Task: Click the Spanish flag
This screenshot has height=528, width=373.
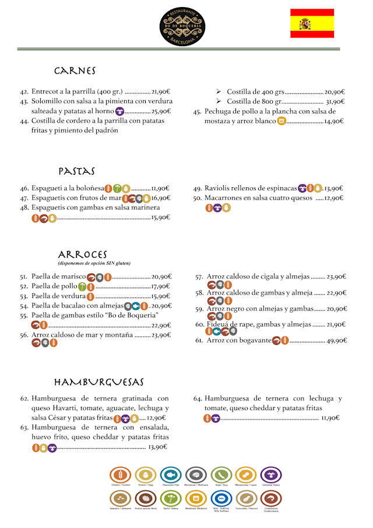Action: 312,23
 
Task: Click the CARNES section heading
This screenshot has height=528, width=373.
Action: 75,71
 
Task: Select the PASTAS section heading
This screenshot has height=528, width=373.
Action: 76,172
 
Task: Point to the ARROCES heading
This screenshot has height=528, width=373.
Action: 82,255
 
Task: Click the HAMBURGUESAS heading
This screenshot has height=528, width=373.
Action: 98,382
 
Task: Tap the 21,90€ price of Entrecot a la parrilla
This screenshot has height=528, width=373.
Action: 160,92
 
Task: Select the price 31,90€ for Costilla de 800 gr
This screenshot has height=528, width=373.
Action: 335,102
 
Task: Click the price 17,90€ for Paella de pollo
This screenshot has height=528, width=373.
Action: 160,286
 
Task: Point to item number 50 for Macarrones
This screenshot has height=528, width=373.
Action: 198,198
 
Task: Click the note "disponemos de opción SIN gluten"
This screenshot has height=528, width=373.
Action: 85,264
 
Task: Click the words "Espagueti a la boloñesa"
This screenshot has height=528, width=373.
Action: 68,188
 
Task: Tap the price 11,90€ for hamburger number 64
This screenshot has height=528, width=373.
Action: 330,418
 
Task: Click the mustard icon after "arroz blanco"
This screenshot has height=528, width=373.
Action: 281,121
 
